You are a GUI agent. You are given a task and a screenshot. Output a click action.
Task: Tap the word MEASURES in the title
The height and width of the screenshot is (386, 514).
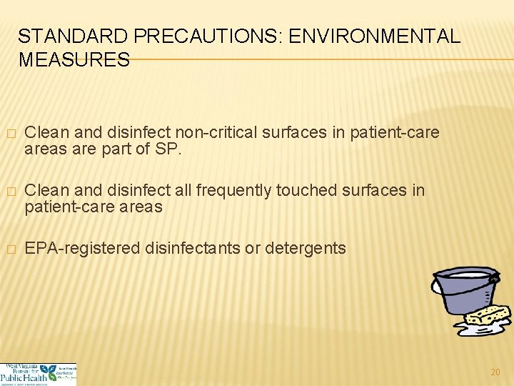point(74,59)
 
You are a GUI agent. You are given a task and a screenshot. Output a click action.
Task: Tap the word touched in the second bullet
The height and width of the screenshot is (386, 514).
point(308,191)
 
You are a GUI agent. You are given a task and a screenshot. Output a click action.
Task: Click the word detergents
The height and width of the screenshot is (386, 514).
point(306,249)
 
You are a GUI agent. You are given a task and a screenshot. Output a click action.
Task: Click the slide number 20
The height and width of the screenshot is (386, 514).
point(495,371)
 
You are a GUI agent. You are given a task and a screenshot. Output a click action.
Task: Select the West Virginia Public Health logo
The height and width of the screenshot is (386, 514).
point(38,373)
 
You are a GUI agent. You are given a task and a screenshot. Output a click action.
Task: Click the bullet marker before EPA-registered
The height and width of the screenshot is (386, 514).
point(9,249)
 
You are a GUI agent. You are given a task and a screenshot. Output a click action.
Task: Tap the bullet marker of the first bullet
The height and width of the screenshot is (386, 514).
point(9,134)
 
